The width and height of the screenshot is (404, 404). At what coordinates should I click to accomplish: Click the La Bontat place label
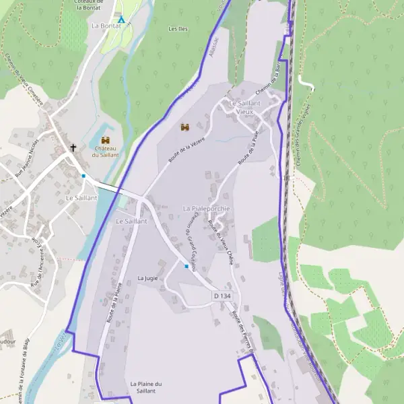[106, 26]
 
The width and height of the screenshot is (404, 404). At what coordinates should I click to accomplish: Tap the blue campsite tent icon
[122, 20]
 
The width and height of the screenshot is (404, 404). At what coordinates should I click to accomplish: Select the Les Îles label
[178, 29]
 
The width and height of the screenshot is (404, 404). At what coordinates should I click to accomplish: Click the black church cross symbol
[73, 147]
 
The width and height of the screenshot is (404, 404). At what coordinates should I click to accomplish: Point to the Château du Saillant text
[106, 151]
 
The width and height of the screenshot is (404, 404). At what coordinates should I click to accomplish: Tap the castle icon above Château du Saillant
[106, 139]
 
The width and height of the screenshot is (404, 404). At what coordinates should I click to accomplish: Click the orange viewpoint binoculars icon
[185, 127]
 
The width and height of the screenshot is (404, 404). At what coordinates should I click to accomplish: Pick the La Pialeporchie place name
[206, 209]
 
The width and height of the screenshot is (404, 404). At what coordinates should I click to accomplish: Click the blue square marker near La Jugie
[187, 266]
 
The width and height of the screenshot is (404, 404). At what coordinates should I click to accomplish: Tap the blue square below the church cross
[83, 176]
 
